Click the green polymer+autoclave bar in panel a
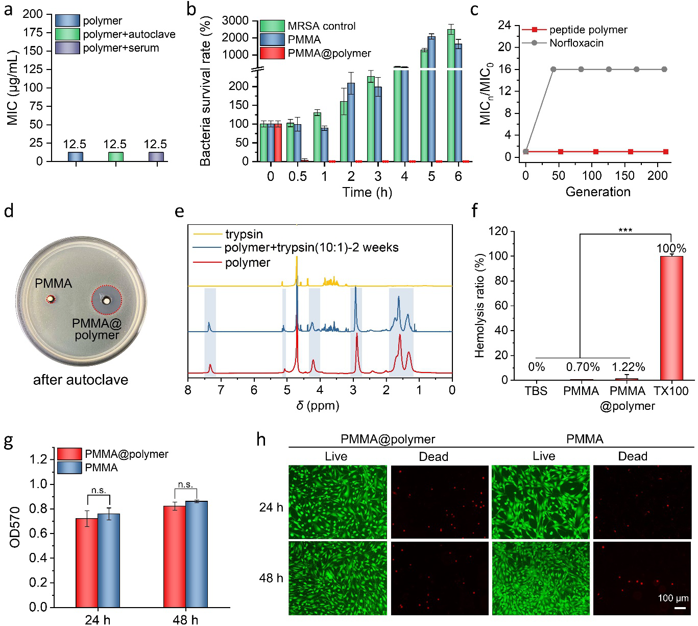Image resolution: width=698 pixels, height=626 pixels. (115, 157)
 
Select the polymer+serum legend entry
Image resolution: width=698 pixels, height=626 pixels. (121, 48)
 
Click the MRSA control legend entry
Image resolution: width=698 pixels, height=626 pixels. (321, 26)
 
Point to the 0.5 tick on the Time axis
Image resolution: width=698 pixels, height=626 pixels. (297, 177)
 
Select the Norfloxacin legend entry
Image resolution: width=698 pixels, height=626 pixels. (576, 43)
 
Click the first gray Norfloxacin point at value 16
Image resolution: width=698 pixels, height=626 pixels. (553, 69)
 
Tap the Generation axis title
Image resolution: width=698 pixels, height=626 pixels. (598, 192)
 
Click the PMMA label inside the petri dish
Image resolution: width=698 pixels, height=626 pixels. (54, 284)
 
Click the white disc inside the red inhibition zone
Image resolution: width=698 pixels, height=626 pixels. (106, 300)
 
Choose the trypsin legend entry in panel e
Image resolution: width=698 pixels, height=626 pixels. (244, 235)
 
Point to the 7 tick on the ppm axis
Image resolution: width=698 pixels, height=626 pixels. (221, 390)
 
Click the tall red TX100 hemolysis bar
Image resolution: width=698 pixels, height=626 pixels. (671, 317)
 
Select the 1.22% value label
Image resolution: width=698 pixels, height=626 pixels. (628, 367)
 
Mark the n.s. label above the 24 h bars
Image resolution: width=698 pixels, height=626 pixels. (99, 491)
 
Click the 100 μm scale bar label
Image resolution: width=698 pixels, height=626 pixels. (673, 598)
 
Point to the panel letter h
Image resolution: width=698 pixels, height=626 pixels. (261, 440)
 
